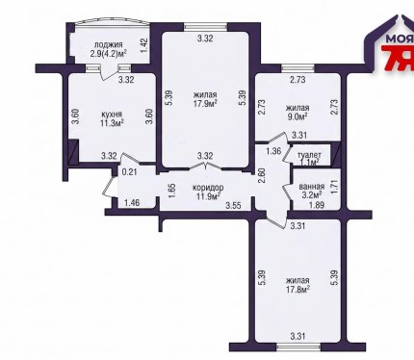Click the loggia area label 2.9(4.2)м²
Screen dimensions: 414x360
[108, 53]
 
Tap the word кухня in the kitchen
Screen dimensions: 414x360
[112, 115]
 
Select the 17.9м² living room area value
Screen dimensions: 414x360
[205, 103]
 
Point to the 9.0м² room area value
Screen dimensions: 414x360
[298, 116]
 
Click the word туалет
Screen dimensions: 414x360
[310, 155]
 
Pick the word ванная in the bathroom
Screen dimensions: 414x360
[312, 187]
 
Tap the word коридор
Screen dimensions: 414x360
[208, 188]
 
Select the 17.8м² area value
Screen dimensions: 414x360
[298, 289]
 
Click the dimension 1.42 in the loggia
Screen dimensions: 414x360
[143, 46]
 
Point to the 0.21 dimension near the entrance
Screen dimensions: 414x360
[129, 172]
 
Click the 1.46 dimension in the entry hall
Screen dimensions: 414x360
[132, 203]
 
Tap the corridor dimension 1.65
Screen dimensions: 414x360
[171, 191]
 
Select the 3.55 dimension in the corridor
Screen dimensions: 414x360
[233, 205]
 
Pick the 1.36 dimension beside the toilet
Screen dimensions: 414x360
[273, 151]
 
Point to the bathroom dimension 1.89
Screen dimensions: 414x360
[316, 205]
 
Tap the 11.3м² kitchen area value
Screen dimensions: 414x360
[112, 123]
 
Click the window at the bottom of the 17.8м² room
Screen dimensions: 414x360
[298, 347]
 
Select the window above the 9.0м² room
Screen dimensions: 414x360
[298, 68]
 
